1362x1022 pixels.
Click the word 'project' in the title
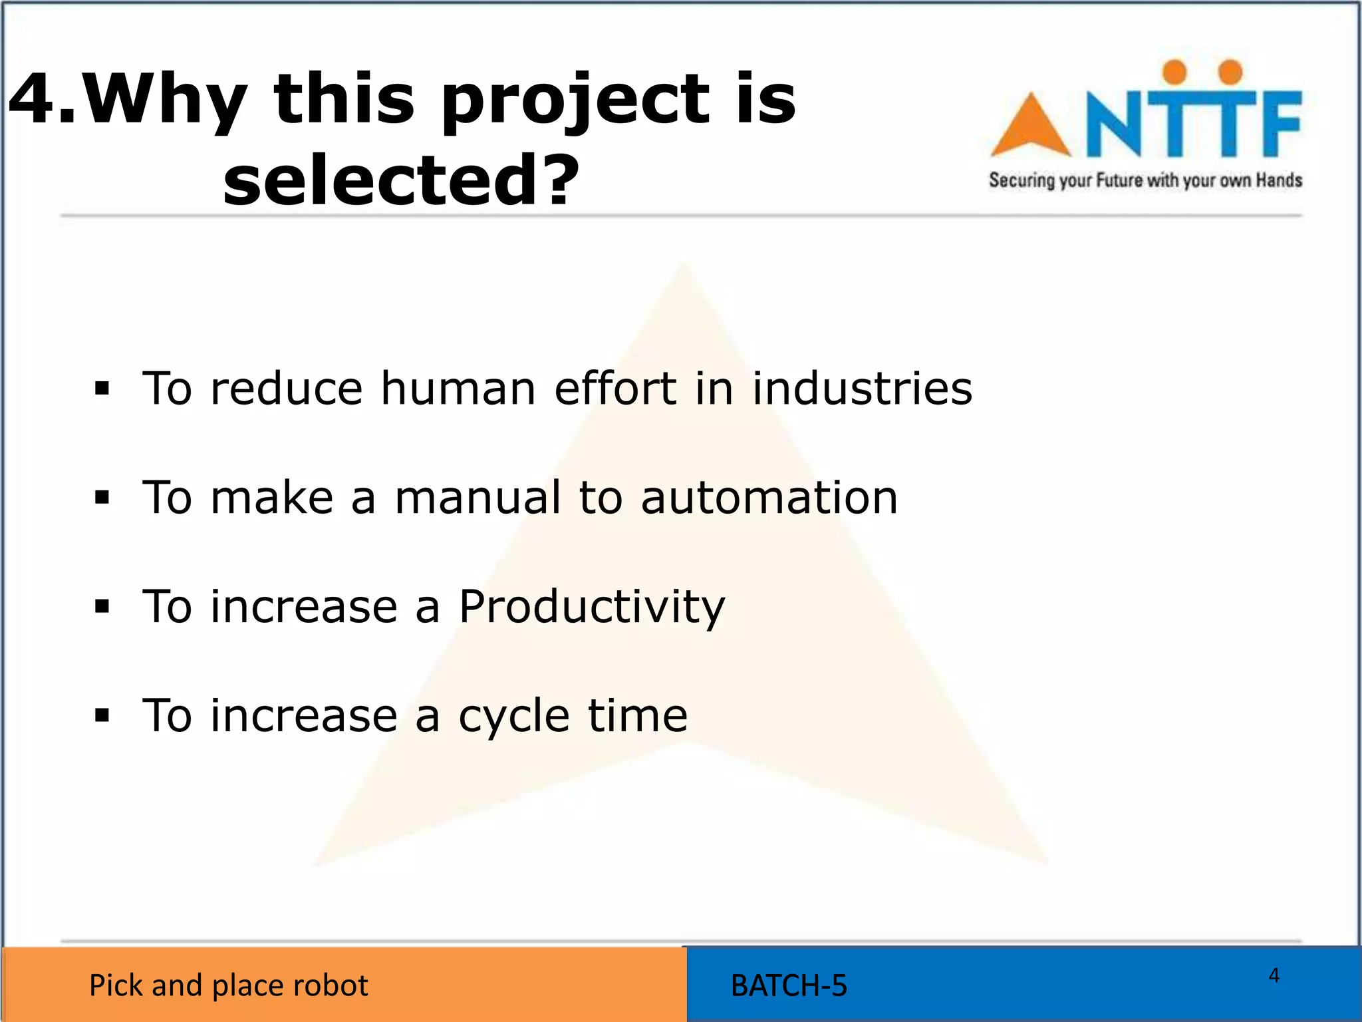coord(574,101)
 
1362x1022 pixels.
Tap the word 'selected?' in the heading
coord(401,180)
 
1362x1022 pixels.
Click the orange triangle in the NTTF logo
coord(1030,127)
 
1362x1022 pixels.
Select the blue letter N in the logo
coord(1118,124)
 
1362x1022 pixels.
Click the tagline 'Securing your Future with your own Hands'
coord(1145,180)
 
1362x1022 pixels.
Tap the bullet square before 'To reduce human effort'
coord(102,389)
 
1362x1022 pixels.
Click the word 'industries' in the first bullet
coord(862,389)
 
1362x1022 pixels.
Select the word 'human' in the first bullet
coord(458,389)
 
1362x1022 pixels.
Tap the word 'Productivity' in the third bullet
coord(592,607)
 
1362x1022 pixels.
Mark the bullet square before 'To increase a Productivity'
coord(102,607)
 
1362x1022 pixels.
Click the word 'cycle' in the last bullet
coord(514,717)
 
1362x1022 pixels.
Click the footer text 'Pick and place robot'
coord(228,985)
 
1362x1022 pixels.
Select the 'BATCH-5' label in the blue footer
coord(789,985)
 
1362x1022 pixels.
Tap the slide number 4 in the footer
coord(1274,975)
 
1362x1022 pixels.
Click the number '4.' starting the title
coord(41,100)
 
